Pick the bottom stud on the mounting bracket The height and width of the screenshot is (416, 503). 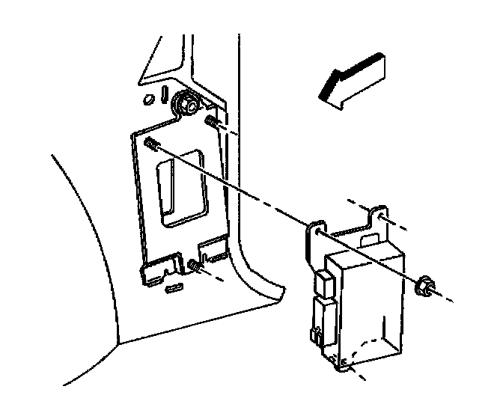195,264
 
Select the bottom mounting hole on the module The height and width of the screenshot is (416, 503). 344,365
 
